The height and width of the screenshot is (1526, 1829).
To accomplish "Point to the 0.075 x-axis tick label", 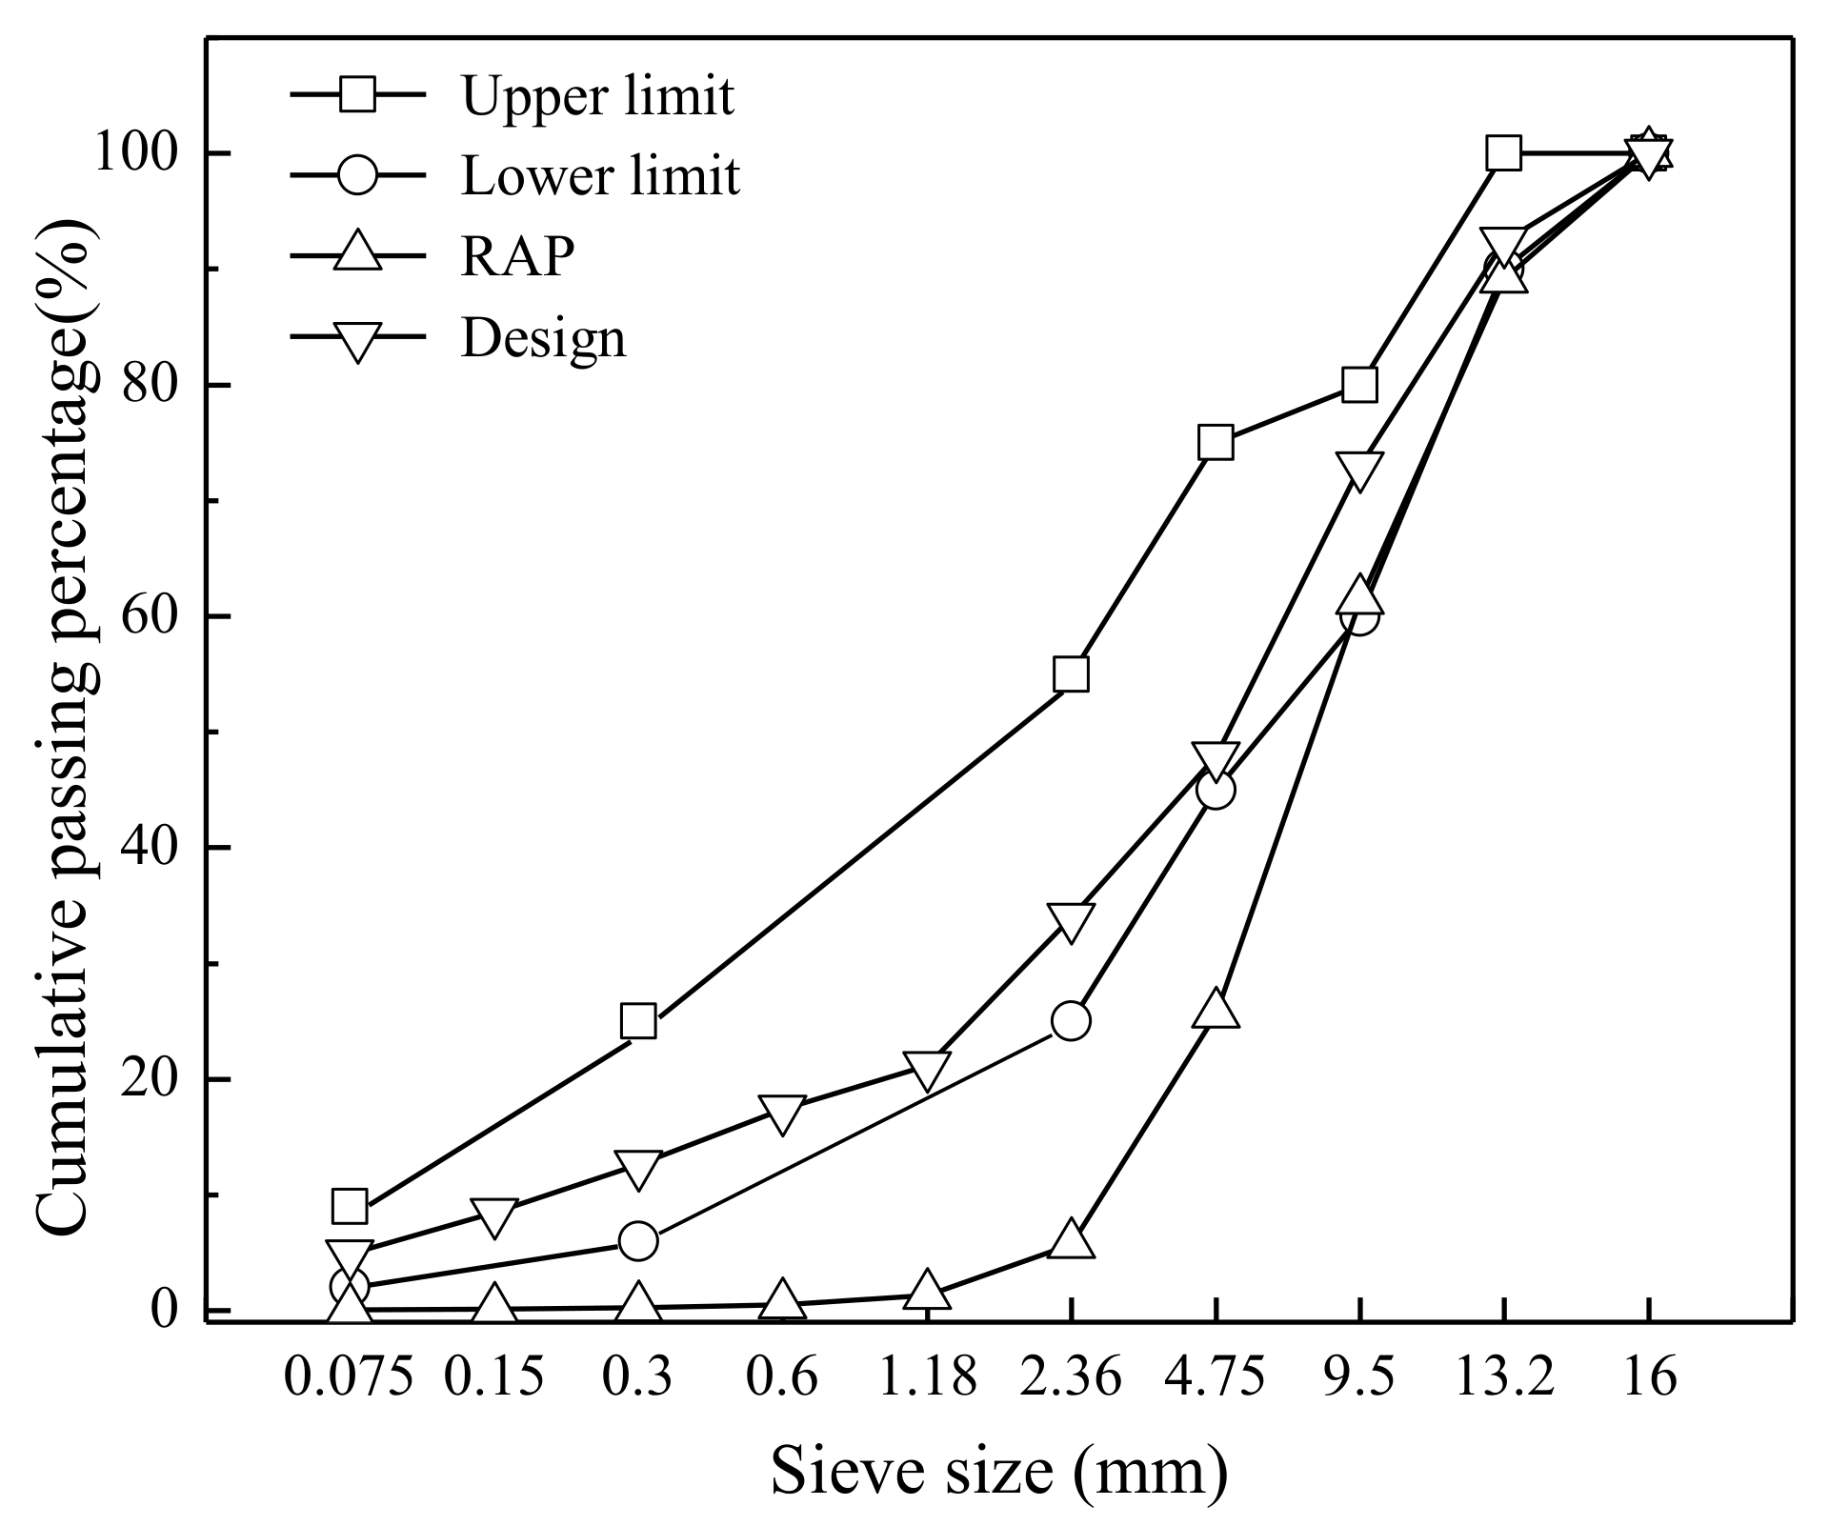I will tap(349, 1377).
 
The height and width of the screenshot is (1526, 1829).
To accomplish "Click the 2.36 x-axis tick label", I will tap(1071, 1377).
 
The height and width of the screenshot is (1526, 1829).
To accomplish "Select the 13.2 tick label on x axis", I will tap(1503, 1377).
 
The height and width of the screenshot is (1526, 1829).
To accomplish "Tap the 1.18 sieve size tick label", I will tap(926, 1377).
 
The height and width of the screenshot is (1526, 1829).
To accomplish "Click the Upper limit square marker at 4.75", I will tap(1216, 443).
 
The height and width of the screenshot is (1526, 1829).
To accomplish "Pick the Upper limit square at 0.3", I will tap(637, 1021).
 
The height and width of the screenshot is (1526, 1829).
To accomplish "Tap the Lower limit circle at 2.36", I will tap(1071, 1021).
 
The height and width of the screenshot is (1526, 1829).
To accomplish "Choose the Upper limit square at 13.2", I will tap(1503, 153).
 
